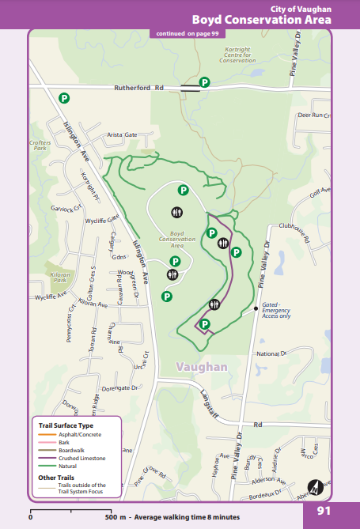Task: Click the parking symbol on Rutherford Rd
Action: click(204, 82)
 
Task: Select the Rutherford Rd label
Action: click(138, 88)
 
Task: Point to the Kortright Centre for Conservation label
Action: click(237, 55)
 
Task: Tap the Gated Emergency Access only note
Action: click(276, 310)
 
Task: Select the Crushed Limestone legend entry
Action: click(81, 458)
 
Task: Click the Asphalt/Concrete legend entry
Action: click(80, 435)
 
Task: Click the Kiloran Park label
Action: click(59, 277)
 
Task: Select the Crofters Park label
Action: click(39, 145)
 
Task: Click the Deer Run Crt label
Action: click(311, 115)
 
